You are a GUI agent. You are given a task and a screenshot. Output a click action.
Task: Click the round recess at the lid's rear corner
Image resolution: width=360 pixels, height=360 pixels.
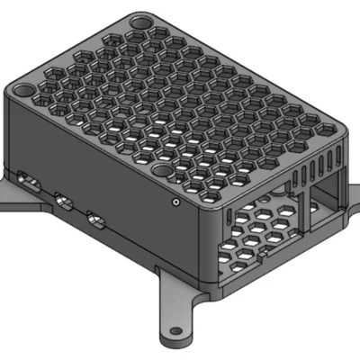(x=140, y=20)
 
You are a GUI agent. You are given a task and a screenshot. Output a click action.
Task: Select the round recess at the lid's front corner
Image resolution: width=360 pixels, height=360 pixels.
(x=162, y=169)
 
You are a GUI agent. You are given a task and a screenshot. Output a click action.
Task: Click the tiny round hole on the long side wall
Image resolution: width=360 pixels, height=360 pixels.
(x=175, y=202)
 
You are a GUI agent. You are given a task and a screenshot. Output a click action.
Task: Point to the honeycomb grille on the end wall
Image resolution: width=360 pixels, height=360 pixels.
(x=261, y=229)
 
